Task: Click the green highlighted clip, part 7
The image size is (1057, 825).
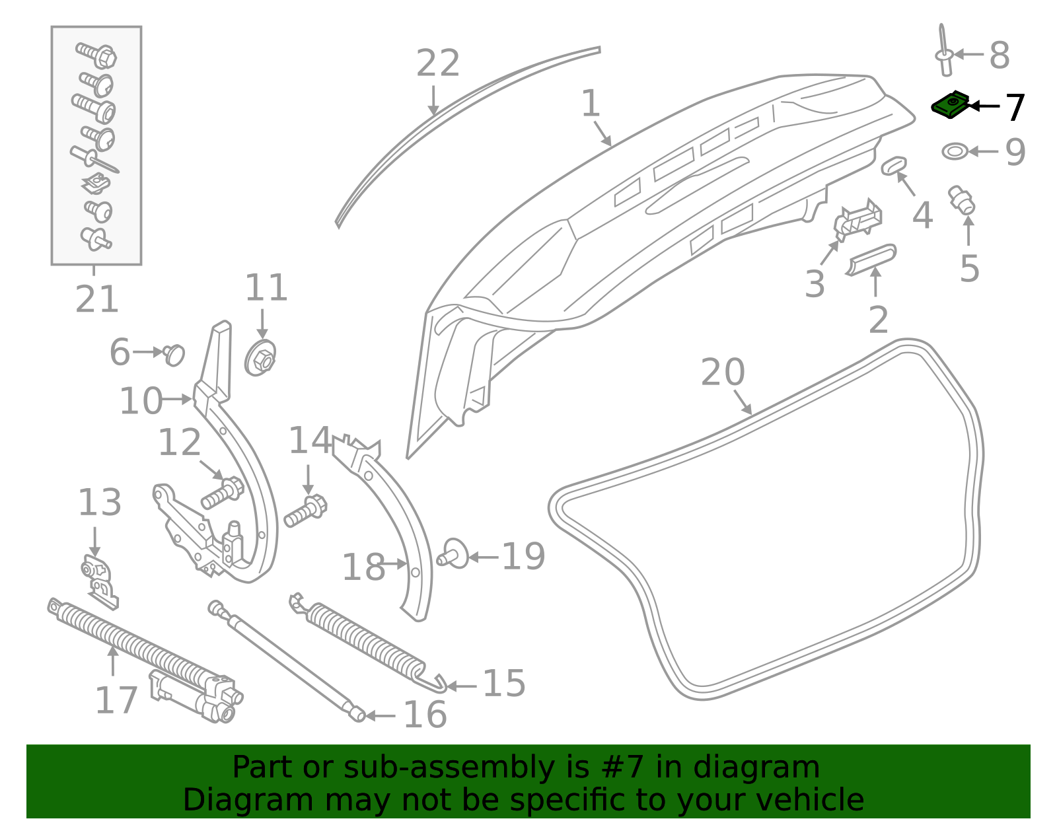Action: [950, 106]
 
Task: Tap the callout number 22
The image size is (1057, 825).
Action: [438, 64]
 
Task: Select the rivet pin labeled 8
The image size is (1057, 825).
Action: [945, 54]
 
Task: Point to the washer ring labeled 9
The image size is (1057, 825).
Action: [954, 151]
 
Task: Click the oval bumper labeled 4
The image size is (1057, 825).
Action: [893, 165]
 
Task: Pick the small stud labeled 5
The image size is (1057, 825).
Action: [962, 200]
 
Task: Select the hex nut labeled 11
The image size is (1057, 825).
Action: [261, 359]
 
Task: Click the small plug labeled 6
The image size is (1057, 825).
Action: [174, 354]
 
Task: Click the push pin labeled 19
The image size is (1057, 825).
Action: [454, 554]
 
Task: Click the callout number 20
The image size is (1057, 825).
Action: [723, 373]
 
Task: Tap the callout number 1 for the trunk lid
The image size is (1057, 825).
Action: [591, 104]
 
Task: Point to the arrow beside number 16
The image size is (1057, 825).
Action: [381, 715]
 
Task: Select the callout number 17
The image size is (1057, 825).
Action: [116, 701]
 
